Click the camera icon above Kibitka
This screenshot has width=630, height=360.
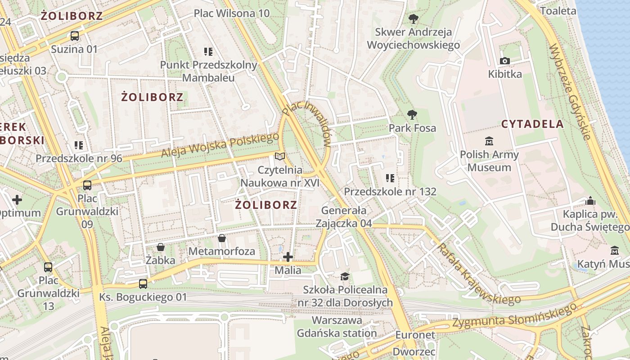point(505,61)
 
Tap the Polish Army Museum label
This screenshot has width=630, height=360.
point(489,161)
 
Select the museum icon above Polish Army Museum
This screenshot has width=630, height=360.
point(489,141)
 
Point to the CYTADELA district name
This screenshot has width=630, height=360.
point(532,124)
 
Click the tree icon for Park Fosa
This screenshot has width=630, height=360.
point(412,115)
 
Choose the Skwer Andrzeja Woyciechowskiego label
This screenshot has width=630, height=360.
point(413,38)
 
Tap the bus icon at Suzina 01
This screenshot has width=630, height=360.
point(75,36)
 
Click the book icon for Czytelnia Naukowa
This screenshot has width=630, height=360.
point(280,157)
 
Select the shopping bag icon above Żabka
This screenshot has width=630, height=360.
point(161,247)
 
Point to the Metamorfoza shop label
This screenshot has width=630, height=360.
point(221,251)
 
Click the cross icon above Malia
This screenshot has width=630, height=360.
point(288,257)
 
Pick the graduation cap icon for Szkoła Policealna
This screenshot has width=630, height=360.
point(345,276)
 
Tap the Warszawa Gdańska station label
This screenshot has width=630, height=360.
point(337,327)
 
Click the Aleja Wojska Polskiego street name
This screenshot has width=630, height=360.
point(220,145)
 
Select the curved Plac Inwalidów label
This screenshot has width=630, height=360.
point(310,121)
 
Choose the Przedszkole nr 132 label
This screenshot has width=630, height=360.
point(390,192)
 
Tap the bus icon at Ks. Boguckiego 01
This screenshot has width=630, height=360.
point(143,283)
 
